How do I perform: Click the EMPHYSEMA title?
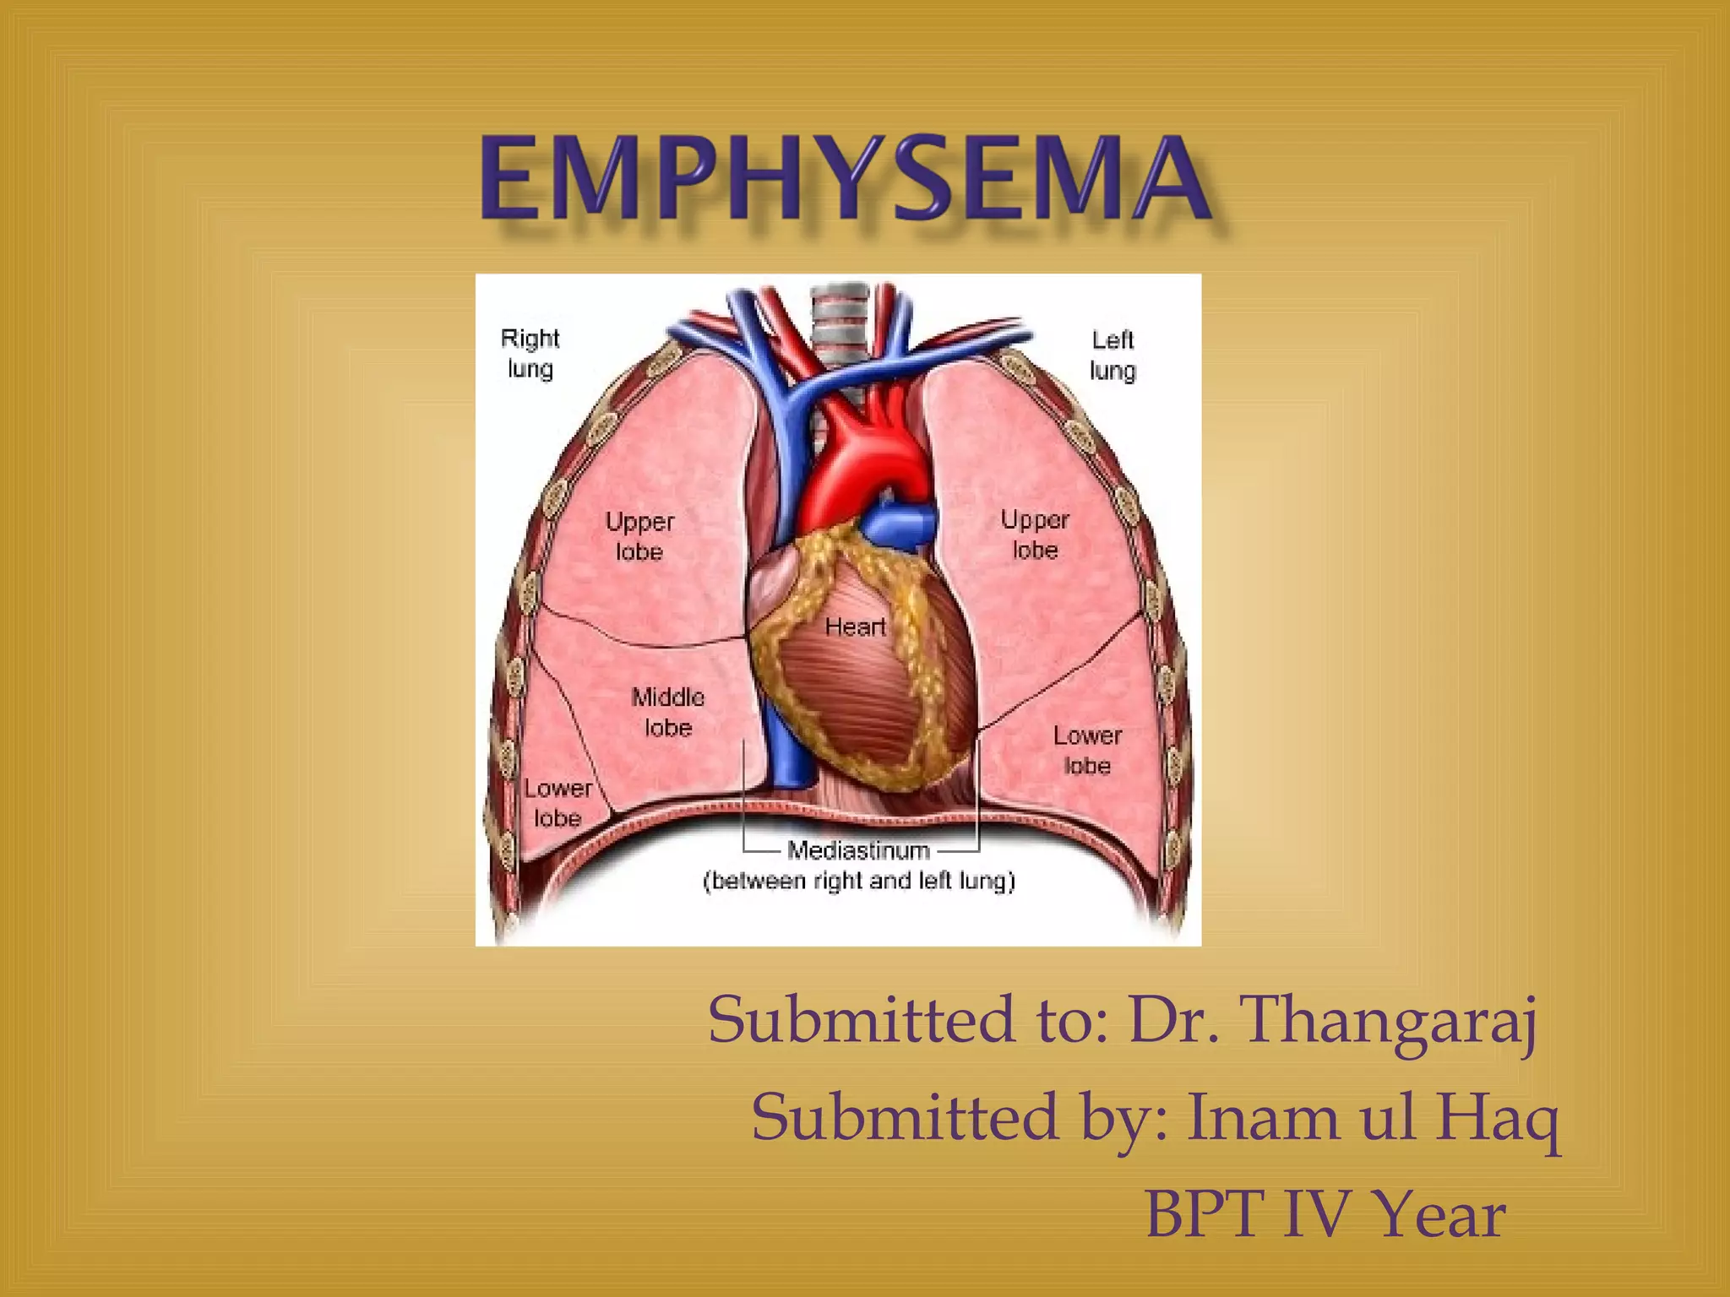[x=845, y=179]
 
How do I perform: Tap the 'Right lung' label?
[x=530, y=354]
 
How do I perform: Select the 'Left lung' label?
[x=1113, y=355]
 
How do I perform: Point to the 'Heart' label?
[x=855, y=627]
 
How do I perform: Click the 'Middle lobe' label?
[x=667, y=712]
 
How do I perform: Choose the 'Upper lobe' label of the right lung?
[x=639, y=536]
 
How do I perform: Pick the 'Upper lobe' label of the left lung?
[x=1035, y=535]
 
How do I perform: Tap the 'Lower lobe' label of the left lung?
[x=1087, y=750]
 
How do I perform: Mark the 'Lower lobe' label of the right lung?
[x=558, y=802]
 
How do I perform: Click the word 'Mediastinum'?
[x=858, y=850]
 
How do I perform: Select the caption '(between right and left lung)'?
[x=858, y=881]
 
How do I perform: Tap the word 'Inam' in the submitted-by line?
[x=1263, y=1116]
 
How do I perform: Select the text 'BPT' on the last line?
[x=1205, y=1214]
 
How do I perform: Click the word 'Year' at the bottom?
[x=1439, y=1214]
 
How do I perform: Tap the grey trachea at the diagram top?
[x=839, y=325]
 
